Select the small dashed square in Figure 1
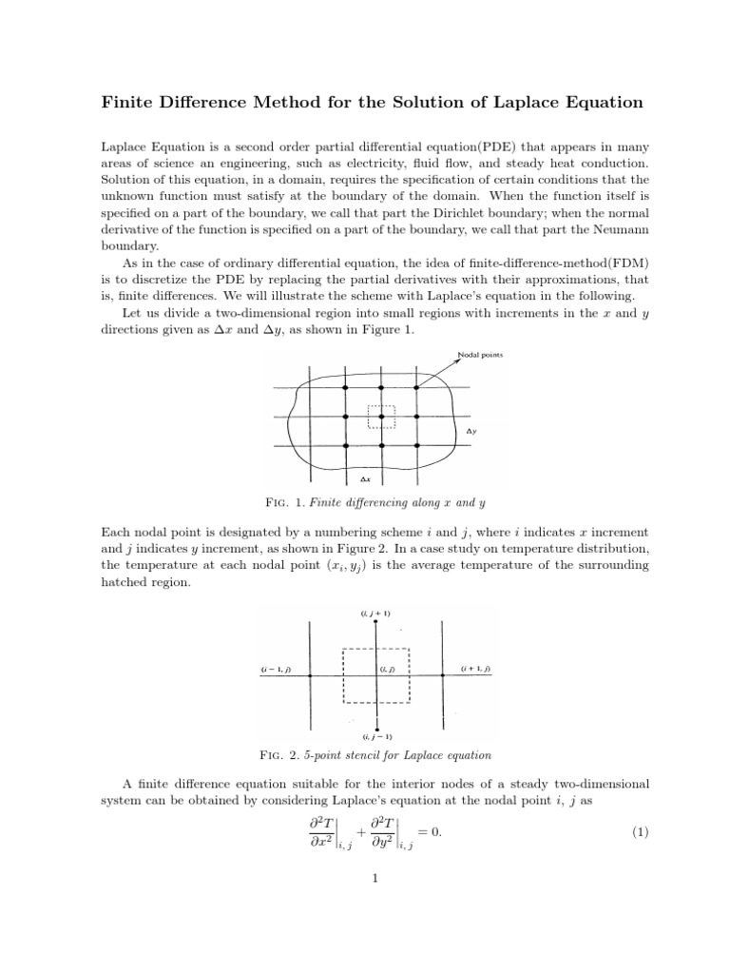coord(380,417)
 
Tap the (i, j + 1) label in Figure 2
coord(375,613)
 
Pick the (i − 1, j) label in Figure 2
coord(276,671)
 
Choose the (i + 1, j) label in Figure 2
coord(475,671)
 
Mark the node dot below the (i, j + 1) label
coord(376,622)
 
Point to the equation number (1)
coord(640,832)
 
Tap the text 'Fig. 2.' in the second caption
coord(279,755)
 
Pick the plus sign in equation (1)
coord(362,832)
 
